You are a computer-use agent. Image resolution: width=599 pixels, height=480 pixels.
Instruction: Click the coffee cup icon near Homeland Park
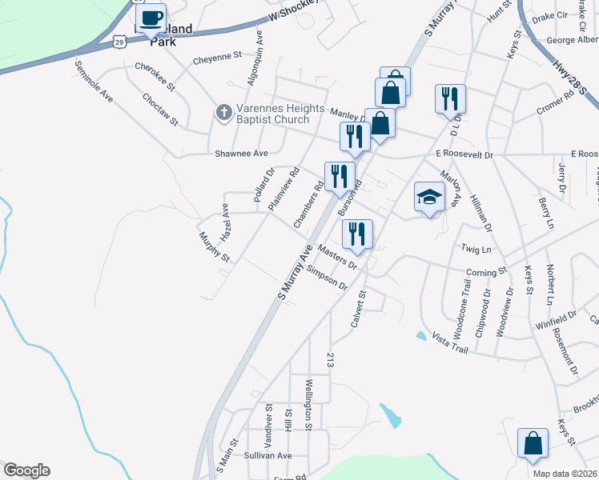(x=151, y=18)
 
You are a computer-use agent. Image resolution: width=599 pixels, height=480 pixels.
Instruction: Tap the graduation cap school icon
(x=429, y=198)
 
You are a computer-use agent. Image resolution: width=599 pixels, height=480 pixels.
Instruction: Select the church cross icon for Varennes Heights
(x=224, y=114)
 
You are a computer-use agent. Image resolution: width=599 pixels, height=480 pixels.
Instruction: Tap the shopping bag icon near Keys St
(x=533, y=444)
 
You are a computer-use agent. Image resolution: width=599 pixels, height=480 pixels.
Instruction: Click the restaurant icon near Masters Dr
(x=356, y=234)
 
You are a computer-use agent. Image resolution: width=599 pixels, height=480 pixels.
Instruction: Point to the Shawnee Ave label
(x=240, y=153)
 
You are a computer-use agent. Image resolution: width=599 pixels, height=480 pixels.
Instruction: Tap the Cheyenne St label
(x=217, y=57)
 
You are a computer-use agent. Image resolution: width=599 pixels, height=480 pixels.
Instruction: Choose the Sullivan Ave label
(x=267, y=454)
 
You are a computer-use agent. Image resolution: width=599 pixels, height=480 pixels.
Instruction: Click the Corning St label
(x=487, y=272)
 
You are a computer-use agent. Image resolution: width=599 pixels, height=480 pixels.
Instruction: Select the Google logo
(x=26, y=470)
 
